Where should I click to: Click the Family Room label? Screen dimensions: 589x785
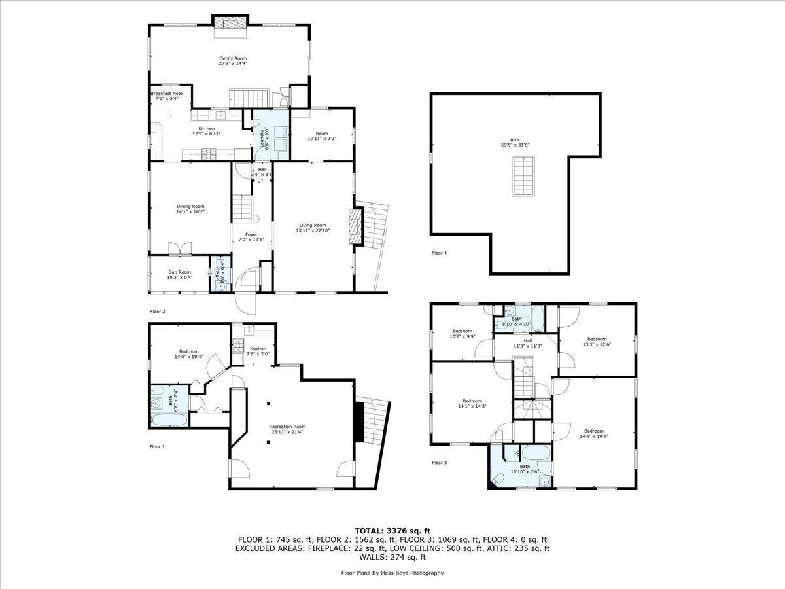[x=232, y=58]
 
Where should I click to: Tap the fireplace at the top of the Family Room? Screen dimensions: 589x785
[x=230, y=22]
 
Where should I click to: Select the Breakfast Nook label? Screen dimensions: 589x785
[x=167, y=94]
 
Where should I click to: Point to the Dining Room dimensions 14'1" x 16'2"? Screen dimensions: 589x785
[x=190, y=212]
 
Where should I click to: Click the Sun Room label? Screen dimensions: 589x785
[x=180, y=272]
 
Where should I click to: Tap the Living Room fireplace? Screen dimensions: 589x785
[x=356, y=226]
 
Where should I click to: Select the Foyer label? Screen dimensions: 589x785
[x=251, y=234]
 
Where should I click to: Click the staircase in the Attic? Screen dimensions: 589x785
[x=521, y=177]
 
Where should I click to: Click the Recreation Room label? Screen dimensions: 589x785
[x=287, y=427]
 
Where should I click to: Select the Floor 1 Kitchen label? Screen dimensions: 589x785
[x=258, y=349]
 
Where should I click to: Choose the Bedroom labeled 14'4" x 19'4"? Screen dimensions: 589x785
[x=593, y=433]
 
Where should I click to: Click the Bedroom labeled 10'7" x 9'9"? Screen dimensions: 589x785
[x=462, y=334]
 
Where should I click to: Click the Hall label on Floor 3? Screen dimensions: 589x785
[x=527, y=340]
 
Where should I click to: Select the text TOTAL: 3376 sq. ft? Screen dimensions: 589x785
[x=392, y=530]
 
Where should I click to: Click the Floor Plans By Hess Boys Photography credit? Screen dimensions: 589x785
[x=392, y=573]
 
